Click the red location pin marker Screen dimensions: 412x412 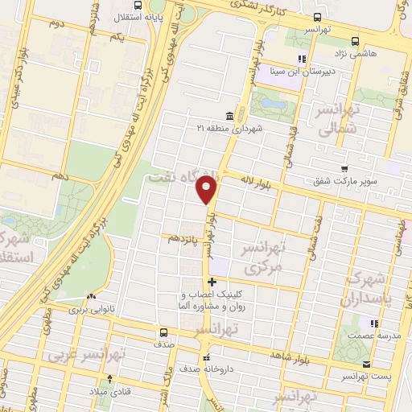(208, 190)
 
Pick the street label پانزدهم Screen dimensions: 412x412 (184, 239)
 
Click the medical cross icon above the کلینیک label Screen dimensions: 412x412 (212, 282)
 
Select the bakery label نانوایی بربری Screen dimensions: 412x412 (92, 308)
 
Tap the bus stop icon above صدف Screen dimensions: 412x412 (164, 332)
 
